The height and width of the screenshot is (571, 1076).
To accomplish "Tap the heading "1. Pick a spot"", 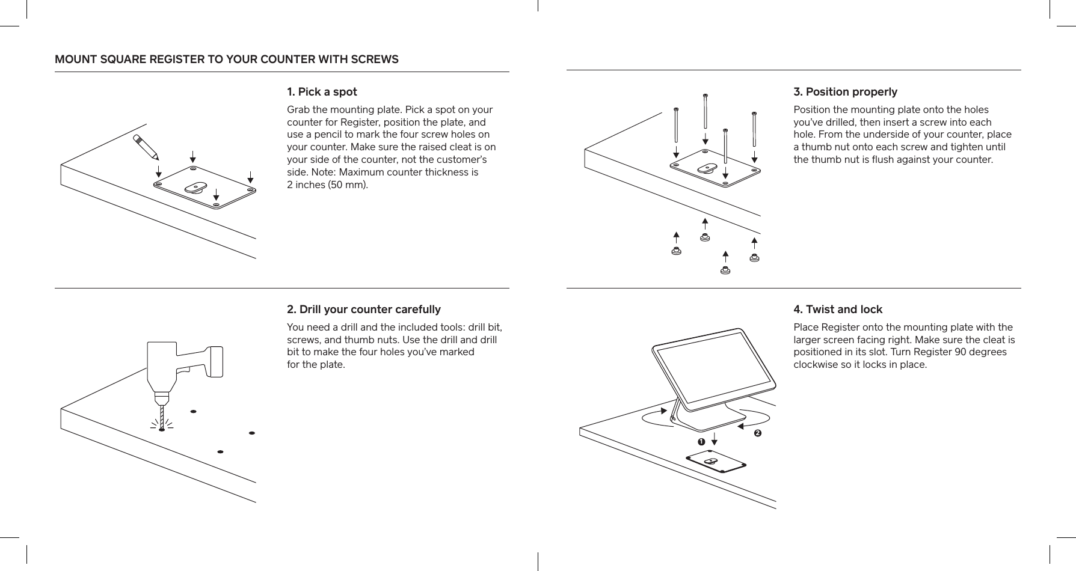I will [x=322, y=92].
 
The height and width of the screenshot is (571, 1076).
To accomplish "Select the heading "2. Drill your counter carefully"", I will [x=363, y=310].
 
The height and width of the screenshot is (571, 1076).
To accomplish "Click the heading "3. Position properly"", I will [x=845, y=92].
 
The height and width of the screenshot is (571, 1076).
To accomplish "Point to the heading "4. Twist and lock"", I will [x=838, y=310].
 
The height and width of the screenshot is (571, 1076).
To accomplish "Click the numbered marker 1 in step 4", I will [x=701, y=442].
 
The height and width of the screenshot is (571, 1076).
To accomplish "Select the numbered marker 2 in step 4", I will [x=757, y=433].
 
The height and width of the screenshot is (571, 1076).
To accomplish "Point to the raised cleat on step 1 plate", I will [x=195, y=188].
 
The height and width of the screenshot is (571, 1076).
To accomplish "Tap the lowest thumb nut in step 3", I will [x=725, y=270].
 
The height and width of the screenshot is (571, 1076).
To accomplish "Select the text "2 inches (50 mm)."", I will [x=327, y=185].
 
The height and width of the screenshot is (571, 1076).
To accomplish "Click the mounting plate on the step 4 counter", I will [x=716, y=462].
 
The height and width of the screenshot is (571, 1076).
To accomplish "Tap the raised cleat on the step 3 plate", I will [x=707, y=168].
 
